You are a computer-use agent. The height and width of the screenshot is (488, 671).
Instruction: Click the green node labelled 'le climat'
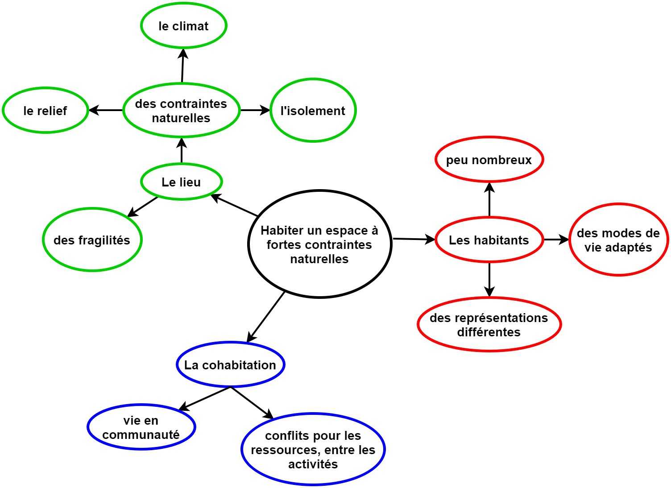coord(184,25)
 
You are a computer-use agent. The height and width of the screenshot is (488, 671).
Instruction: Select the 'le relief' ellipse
coord(45,110)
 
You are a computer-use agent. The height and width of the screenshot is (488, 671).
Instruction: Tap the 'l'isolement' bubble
coord(313,110)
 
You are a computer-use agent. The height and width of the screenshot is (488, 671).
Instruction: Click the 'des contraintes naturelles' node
coord(181,110)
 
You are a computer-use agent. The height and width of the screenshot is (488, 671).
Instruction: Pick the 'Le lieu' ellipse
coord(181,182)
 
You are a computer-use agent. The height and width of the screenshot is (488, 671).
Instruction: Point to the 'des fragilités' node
coord(92,240)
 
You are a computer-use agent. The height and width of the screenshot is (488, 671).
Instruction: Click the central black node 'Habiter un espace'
coord(319,244)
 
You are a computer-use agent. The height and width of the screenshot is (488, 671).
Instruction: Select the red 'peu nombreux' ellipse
coord(489,159)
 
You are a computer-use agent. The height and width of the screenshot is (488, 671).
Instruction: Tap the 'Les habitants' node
coord(489,240)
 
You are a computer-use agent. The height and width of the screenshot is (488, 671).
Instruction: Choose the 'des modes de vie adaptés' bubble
coord(618,240)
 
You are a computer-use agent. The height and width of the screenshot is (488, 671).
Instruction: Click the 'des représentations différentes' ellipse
coord(489,324)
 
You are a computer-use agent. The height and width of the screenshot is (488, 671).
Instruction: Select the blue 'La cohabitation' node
coord(230,364)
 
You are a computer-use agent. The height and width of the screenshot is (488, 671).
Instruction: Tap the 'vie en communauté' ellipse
coord(141,427)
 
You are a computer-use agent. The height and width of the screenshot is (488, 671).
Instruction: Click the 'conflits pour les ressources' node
coord(313,449)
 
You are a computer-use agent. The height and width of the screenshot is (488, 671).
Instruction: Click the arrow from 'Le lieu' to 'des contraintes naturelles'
coord(182,150)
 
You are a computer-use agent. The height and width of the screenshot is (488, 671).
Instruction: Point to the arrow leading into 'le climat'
coord(182,66)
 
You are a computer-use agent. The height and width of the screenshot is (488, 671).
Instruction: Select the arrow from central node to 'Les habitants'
coord(414,239)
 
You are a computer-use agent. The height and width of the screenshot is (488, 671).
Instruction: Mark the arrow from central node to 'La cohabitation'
coord(265,317)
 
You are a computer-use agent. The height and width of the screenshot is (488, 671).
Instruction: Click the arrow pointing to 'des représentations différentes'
coord(489,280)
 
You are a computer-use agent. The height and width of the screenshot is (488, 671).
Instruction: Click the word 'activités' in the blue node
coord(313,464)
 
